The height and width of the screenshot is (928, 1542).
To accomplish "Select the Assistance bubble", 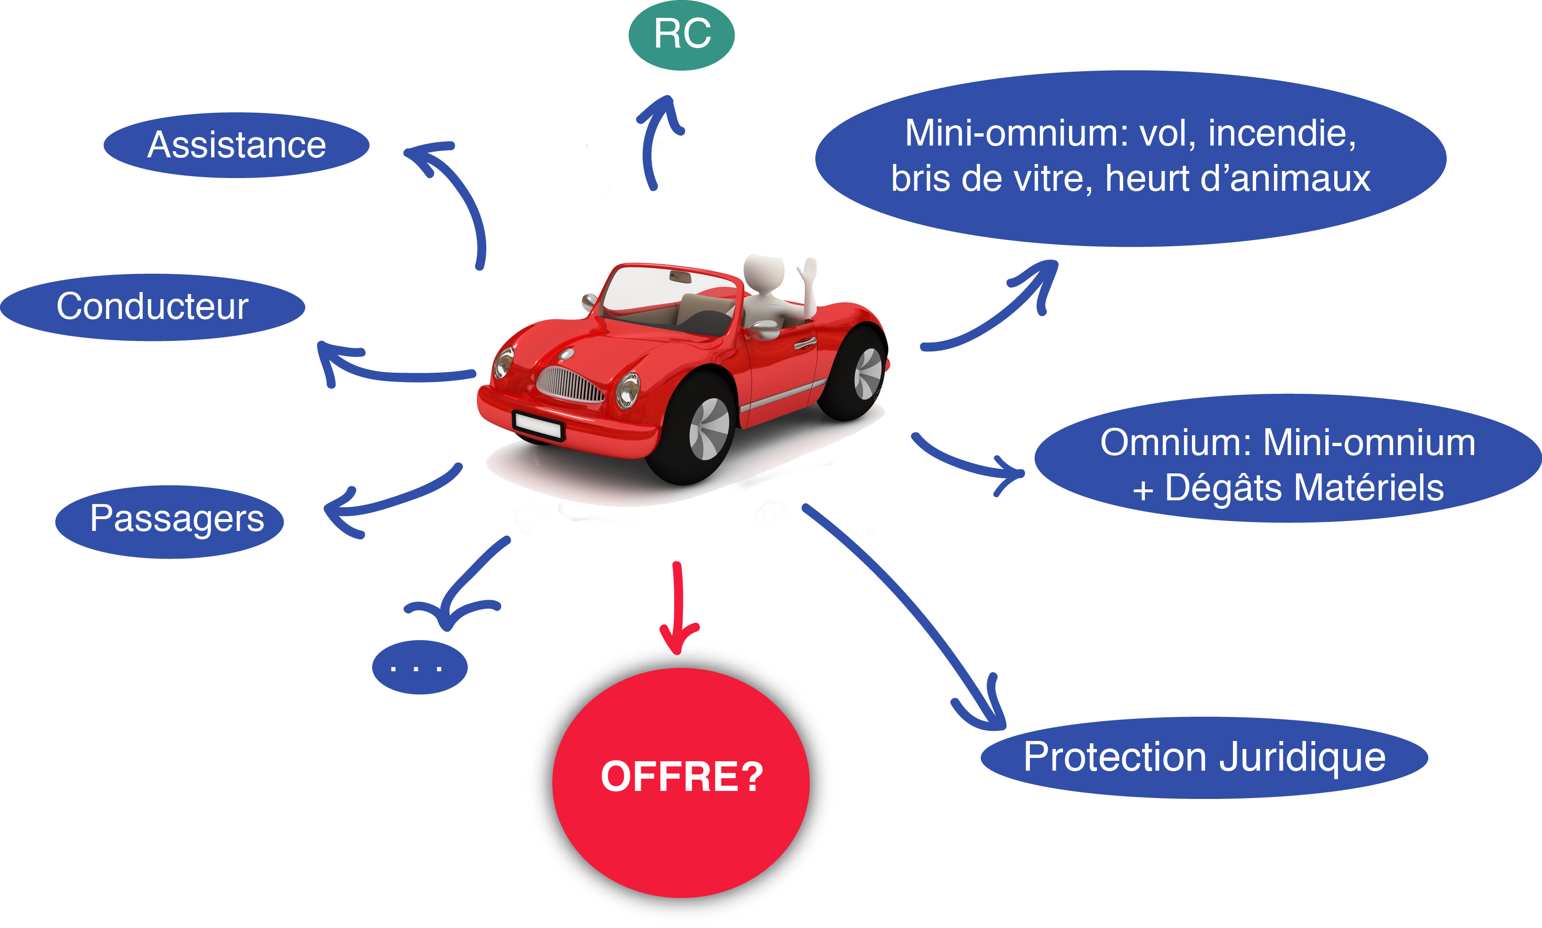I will [x=237, y=145].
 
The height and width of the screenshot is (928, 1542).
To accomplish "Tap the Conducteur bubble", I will [x=152, y=307].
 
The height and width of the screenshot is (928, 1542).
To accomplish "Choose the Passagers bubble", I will [x=170, y=521].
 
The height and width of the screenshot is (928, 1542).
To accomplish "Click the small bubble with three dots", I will [x=420, y=667].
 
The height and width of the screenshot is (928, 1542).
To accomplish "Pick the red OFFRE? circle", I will [x=680, y=781].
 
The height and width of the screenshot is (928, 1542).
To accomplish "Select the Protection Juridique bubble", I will [x=1204, y=757].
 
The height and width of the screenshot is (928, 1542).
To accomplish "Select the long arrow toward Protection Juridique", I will [x=907, y=600].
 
